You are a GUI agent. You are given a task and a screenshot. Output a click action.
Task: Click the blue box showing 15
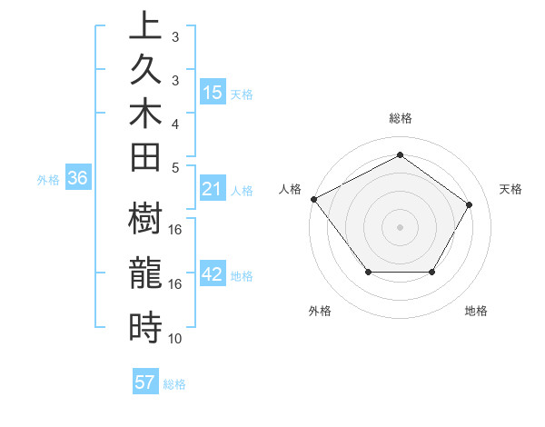click(x=213, y=93)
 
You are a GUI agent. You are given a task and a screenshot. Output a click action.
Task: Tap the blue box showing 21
click(x=213, y=189)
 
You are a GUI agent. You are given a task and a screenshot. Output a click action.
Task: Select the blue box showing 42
click(x=213, y=275)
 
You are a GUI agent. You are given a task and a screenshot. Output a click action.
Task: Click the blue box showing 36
click(x=78, y=179)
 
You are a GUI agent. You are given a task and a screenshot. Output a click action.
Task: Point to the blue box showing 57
click(x=145, y=382)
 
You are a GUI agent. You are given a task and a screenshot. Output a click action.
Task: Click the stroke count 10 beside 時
click(x=175, y=339)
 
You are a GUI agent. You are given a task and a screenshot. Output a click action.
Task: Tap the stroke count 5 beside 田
click(x=175, y=167)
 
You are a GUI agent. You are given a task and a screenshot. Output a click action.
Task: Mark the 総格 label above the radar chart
click(x=400, y=118)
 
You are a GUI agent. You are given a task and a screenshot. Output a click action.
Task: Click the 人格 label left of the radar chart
click(x=291, y=189)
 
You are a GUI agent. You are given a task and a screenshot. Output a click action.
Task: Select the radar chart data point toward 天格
click(x=469, y=204)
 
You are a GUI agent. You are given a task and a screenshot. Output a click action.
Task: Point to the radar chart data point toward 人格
click(x=313, y=199)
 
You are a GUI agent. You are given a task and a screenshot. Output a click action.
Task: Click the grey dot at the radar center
click(x=400, y=226)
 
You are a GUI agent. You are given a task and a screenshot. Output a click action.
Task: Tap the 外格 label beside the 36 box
click(x=48, y=180)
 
